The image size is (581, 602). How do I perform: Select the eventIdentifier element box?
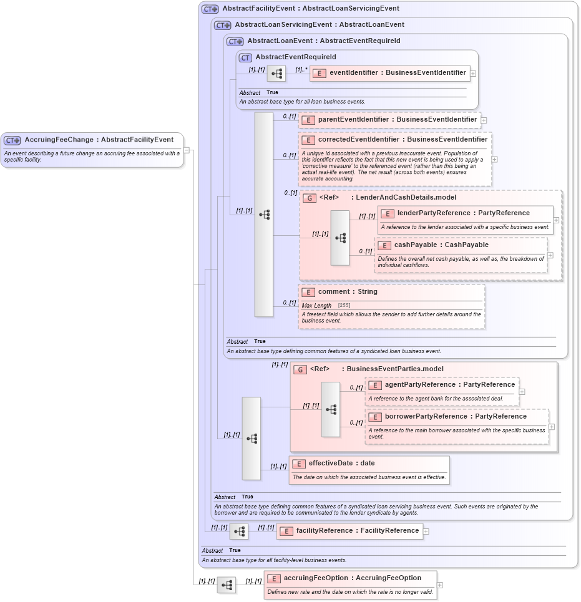(390, 73)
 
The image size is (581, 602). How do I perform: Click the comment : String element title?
(348, 291)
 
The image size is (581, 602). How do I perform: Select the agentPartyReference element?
(449, 385)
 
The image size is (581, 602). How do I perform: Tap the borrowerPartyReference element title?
(456, 416)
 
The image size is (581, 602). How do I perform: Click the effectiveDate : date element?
(341, 464)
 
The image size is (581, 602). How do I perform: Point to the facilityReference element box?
(349, 531)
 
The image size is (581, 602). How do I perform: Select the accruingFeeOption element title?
(352, 578)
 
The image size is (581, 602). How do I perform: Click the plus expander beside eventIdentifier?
(473, 73)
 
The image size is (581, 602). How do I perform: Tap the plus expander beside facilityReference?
(426, 532)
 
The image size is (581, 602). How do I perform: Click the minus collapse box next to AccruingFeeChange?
(187, 150)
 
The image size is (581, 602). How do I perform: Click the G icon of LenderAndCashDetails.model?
(310, 198)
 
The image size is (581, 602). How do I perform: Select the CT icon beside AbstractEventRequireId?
(246, 57)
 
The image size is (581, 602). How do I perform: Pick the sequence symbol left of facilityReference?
(239, 532)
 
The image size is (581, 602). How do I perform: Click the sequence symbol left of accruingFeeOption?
(227, 585)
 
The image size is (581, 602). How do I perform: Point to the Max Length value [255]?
(344, 305)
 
